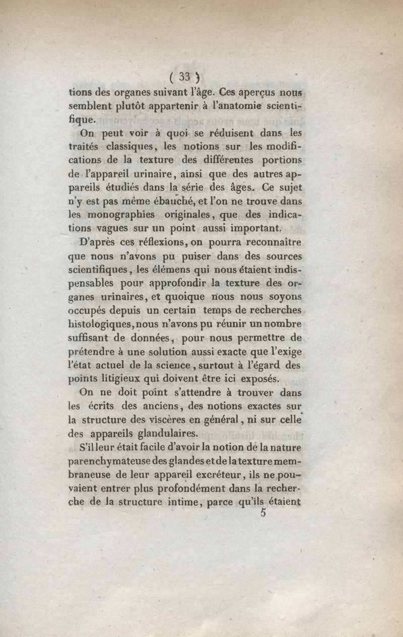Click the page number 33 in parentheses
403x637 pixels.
[184, 77]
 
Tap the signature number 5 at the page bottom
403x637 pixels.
[263, 513]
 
